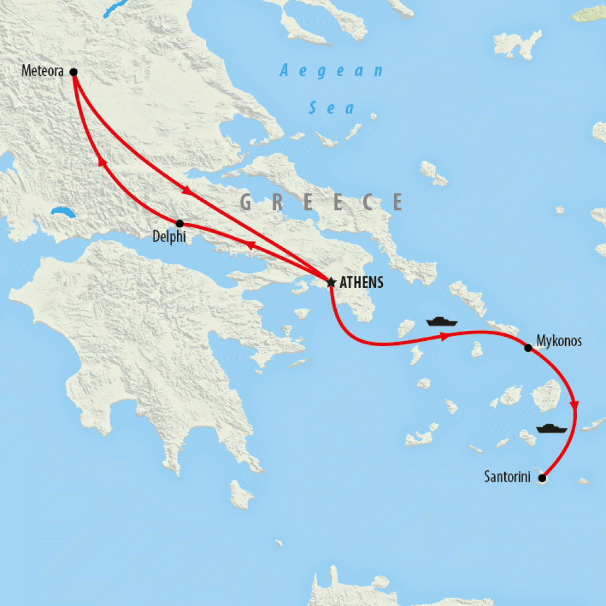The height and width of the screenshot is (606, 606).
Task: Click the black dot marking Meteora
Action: (x=73, y=72)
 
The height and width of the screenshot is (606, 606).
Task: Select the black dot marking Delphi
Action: (x=180, y=224)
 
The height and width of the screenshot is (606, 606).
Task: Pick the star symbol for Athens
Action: (x=331, y=282)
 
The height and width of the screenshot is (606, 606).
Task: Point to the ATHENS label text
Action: (x=361, y=283)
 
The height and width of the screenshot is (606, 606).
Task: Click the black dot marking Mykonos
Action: (x=528, y=347)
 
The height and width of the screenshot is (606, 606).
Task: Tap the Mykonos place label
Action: (x=559, y=341)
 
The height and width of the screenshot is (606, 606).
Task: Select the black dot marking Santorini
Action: (x=542, y=478)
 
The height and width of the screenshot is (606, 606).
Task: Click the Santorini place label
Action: (x=508, y=477)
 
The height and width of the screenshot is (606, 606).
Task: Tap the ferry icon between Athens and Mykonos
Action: (x=442, y=322)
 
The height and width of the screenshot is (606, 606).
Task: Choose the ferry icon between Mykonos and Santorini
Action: (x=552, y=427)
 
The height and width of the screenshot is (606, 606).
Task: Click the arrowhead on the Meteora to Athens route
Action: (x=187, y=191)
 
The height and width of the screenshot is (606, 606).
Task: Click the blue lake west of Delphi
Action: (x=62, y=212)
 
